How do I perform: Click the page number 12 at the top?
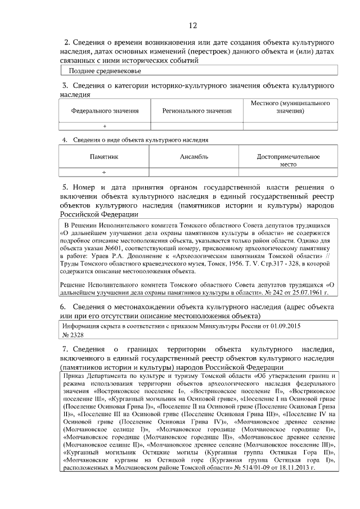tap(192, 25)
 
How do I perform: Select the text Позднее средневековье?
tap(105, 71)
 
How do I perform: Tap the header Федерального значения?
tap(105, 111)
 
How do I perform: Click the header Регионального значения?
tap(197, 111)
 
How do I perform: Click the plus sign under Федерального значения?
tap(105, 127)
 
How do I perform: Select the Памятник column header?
tap(105, 156)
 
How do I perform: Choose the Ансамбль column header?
tap(194, 156)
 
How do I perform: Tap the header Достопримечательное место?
tap(288, 160)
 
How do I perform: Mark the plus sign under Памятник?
tap(105, 172)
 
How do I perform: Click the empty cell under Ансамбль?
tap(194, 172)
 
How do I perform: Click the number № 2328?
tap(72, 335)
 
